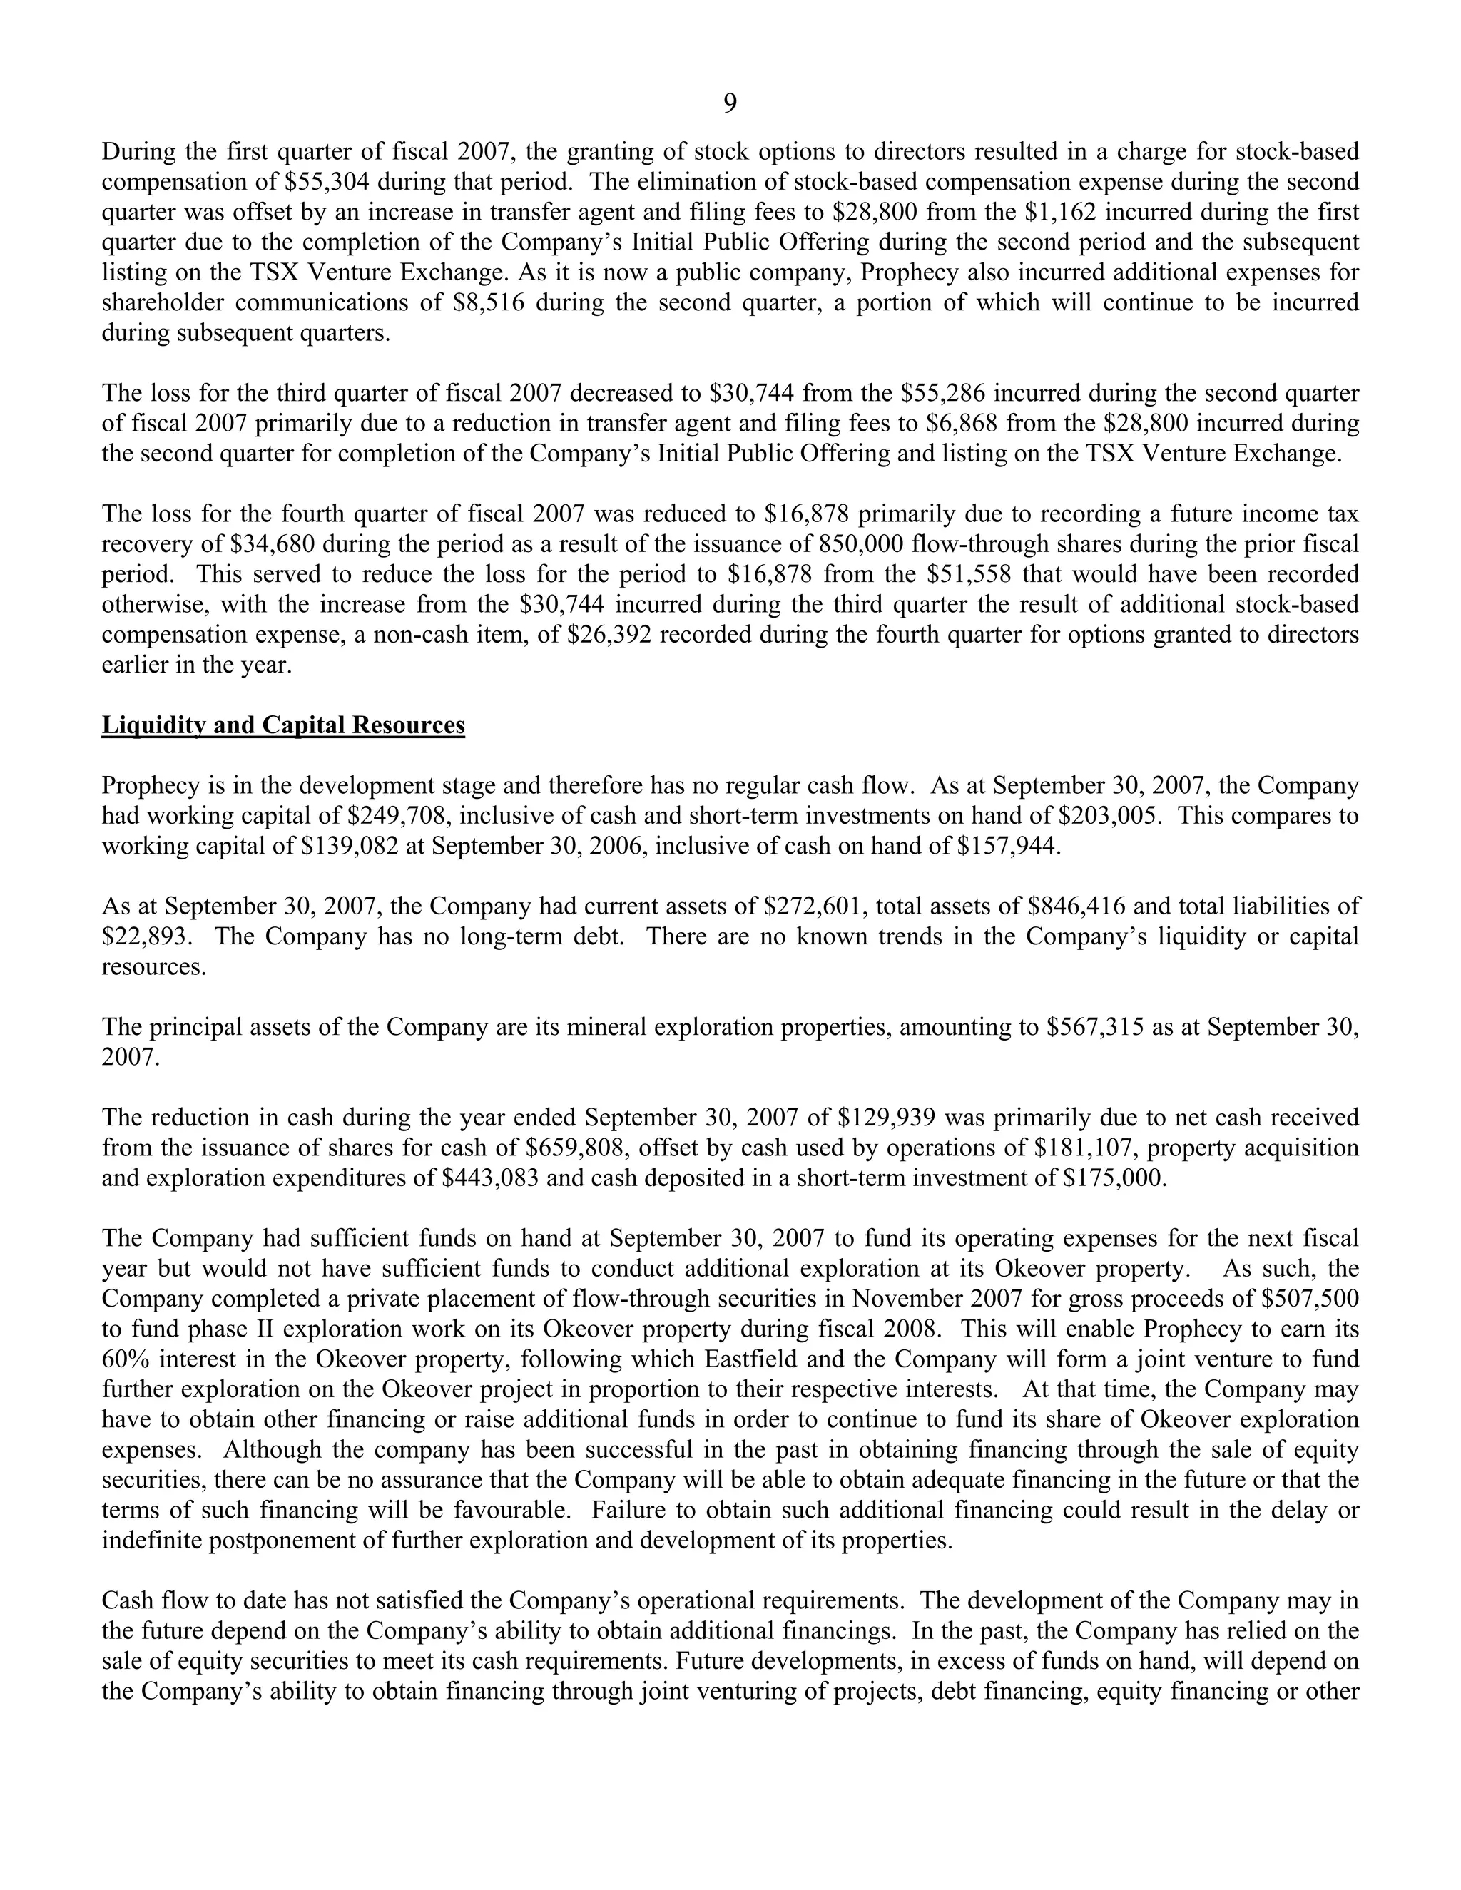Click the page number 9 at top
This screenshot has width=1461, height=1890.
pos(730,104)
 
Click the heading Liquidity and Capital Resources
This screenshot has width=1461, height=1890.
pos(283,725)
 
